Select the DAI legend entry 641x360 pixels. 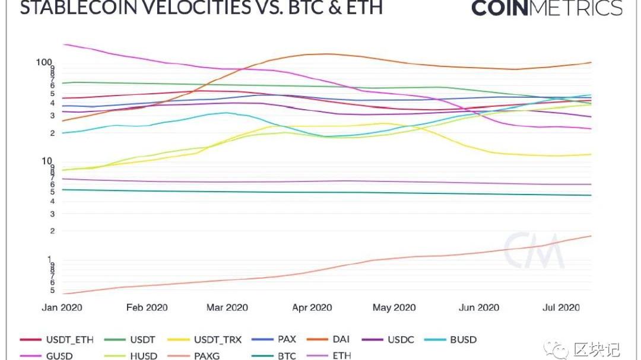[341, 340]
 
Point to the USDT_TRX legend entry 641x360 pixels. [217, 340]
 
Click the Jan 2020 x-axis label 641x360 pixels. [62, 307]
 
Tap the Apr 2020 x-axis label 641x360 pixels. [312, 307]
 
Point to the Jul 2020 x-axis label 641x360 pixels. [561, 307]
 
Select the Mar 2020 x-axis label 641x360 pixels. [228, 307]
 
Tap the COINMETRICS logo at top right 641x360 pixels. [547, 8]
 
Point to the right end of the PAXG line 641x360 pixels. [591, 236]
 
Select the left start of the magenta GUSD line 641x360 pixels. [64, 44]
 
